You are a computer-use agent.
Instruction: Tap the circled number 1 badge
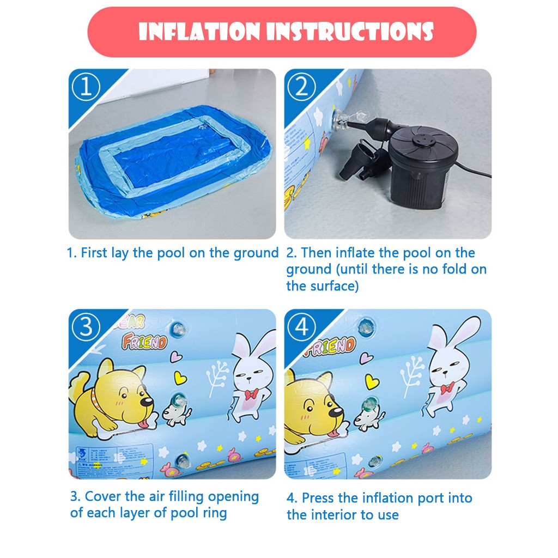[86, 88]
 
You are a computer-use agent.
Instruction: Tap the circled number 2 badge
[301, 88]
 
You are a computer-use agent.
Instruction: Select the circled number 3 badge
[86, 327]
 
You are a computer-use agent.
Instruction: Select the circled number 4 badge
[301, 327]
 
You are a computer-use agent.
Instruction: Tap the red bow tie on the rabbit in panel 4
[447, 388]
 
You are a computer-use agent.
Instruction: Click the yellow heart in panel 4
[372, 381]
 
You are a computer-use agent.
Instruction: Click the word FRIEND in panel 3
[144, 343]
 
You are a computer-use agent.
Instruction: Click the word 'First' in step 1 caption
[96, 253]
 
